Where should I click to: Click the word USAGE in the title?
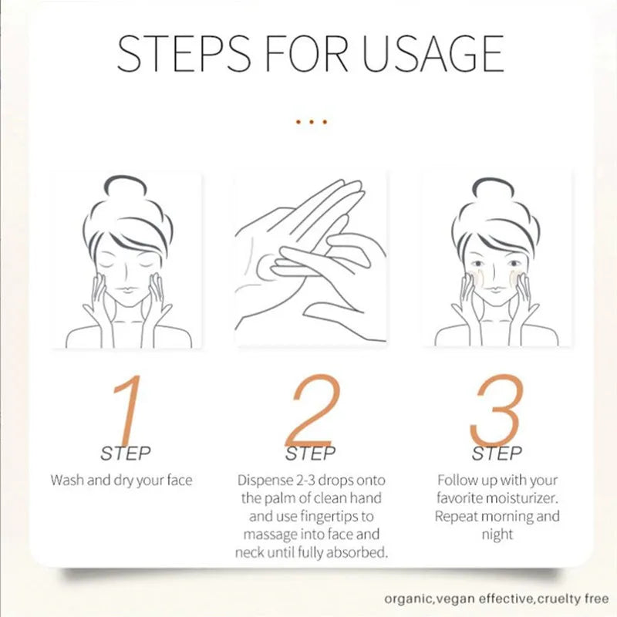point(433,53)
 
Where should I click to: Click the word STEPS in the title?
point(184,53)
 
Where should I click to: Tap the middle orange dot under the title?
point(312,122)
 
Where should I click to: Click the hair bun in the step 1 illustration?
point(125,184)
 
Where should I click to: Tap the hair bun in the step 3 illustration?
point(493,187)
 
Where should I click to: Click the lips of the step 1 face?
point(125,290)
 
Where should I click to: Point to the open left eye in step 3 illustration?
point(477,263)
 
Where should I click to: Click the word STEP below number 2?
point(311,453)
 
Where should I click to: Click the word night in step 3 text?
point(497,534)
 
